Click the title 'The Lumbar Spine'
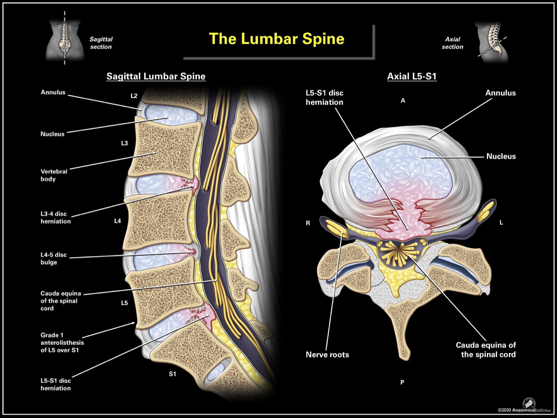(277, 39)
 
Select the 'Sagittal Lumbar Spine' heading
(156, 76)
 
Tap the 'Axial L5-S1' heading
(412, 76)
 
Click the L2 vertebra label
(134, 96)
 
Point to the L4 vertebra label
(118, 221)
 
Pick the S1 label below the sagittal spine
(173, 374)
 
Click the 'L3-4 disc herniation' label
(56, 218)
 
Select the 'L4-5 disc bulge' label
(54, 259)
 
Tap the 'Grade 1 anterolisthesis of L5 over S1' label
(62, 343)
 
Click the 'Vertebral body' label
(54, 175)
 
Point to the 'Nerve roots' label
(327, 355)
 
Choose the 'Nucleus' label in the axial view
(501, 156)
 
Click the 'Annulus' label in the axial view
(501, 93)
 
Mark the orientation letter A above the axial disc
(403, 101)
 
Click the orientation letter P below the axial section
(402, 382)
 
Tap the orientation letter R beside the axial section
(308, 223)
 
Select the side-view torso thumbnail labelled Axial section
(492, 42)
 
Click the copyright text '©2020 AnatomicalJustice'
(524, 410)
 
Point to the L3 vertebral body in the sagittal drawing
(164, 149)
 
